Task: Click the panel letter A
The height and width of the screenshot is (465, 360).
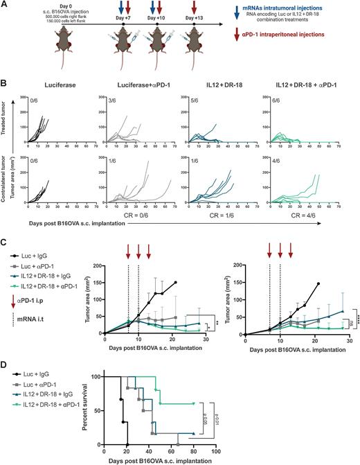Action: tap(5, 5)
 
